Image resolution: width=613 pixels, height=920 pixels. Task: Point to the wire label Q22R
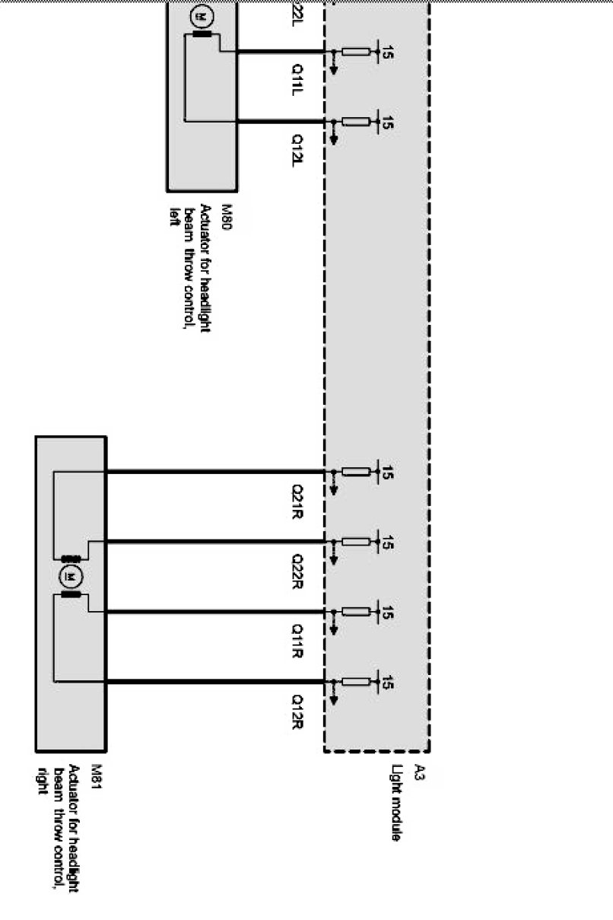click(298, 570)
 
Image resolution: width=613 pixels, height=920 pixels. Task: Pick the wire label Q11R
click(298, 640)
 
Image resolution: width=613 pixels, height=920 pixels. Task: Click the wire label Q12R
click(298, 710)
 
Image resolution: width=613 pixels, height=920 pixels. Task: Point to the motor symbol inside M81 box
click(71, 577)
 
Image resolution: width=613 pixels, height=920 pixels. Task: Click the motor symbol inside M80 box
click(202, 15)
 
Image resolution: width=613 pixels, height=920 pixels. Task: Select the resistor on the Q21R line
click(355, 472)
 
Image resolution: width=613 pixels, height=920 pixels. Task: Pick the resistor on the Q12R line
click(355, 682)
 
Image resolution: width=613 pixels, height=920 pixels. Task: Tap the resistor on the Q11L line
click(355, 52)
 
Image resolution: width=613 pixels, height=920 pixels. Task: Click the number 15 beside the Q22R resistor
click(388, 543)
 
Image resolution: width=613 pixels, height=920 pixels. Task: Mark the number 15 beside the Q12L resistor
click(388, 123)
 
